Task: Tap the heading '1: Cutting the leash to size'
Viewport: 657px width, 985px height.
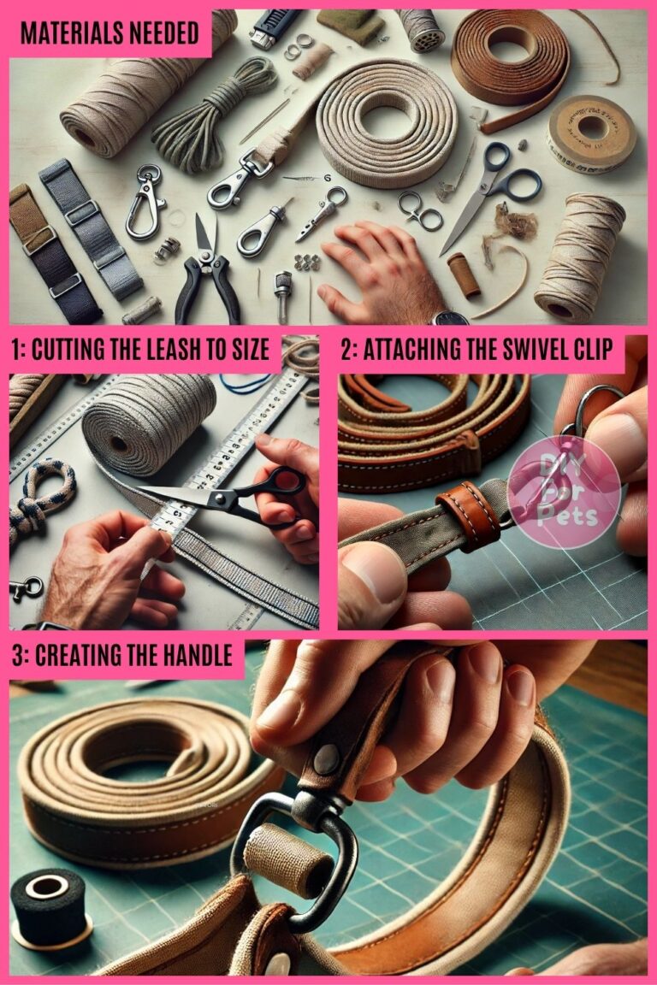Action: [x=140, y=350]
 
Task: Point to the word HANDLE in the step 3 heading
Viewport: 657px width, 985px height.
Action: [x=192, y=656]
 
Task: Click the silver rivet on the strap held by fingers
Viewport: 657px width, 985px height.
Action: [x=326, y=758]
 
